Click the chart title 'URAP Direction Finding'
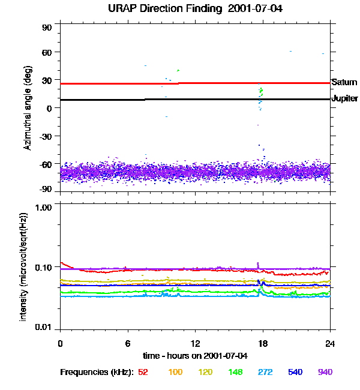click(x=158, y=8)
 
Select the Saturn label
click(x=344, y=82)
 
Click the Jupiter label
click(x=344, y=98)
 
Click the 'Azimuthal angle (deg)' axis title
click(x=27, y=108)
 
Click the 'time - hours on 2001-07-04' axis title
click(x=196, y=355)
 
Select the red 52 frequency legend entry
click(x=143, y=372)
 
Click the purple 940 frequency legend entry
click(x=325, y=372)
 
